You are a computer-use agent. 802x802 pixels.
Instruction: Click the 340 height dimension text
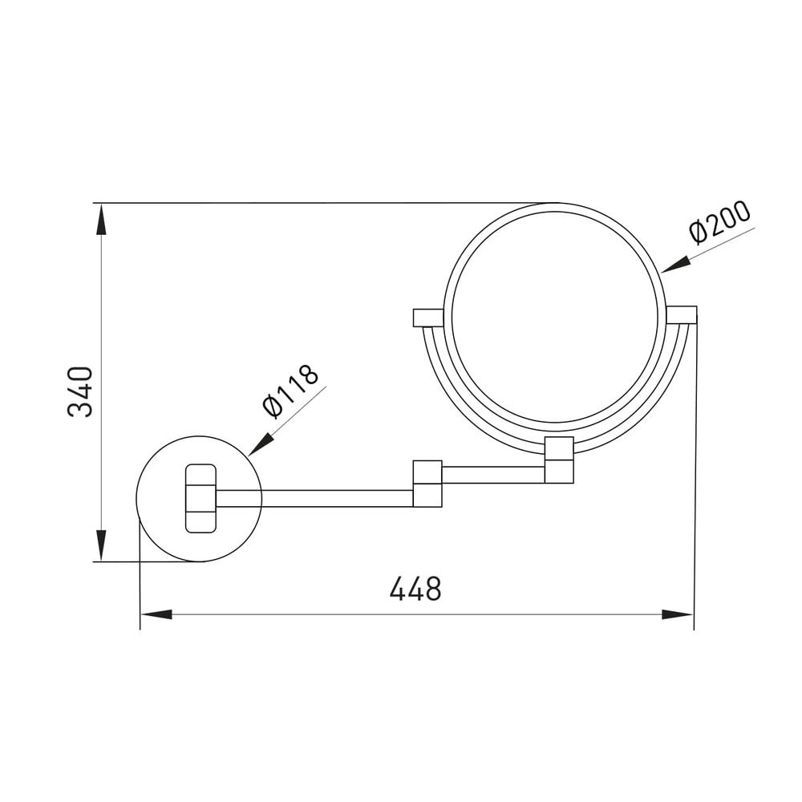pyautogui.click(x=80, y=392)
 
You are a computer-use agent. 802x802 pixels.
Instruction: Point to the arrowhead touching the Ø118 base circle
pyautogui.click(x=260, y=444)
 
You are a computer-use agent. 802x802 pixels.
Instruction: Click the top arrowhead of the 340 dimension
pyautogui.click(x=101, y=219)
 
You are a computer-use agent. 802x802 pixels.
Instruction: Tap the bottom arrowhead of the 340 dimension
pyautogui.click(x=101, y=545)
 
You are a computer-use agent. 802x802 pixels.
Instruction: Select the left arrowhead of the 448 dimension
pyautogui.click(x=156, y=614)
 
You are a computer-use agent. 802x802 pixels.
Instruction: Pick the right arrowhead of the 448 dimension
pyautogui.click(x=677, y=614)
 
